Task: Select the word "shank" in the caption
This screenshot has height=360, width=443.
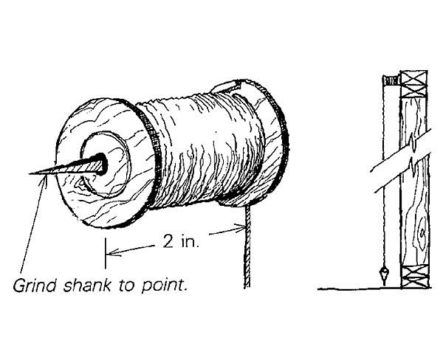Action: (x=88, y=284)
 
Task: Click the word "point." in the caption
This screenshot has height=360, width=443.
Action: (x=169, y=284)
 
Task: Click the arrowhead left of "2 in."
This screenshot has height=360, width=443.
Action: (x=112, y=255)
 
